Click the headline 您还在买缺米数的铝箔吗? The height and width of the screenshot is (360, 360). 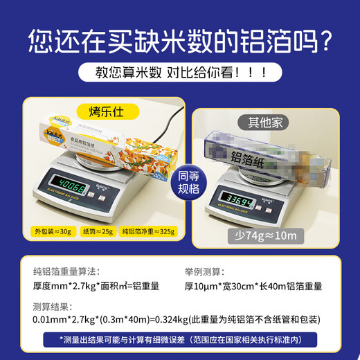tap(180, 42)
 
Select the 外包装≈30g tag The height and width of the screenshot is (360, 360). tap(49, 231)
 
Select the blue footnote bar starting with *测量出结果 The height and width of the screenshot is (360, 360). tap(179, 340)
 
